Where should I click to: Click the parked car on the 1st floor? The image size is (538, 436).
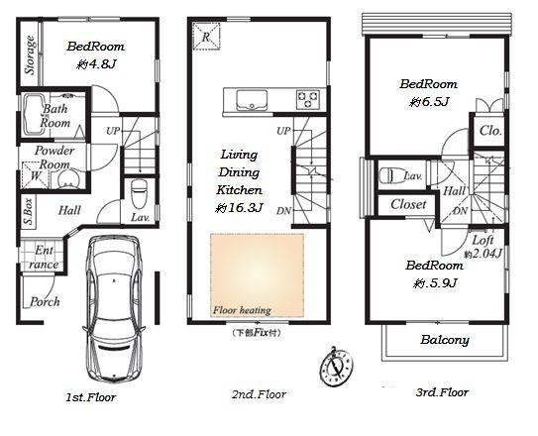point(115,307)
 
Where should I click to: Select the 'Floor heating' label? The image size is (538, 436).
point(241,310)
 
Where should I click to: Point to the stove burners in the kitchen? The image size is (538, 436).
point(307,98)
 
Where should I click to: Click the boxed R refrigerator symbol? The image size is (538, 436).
point(205,36)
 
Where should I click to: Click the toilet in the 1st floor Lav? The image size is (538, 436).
point(139,190)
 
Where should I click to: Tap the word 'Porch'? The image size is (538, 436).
point(44,301)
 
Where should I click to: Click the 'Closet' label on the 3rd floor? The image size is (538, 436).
point(407,204)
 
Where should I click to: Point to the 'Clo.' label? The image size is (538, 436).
point(489,130)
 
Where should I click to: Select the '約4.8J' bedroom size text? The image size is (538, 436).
point(97,64)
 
